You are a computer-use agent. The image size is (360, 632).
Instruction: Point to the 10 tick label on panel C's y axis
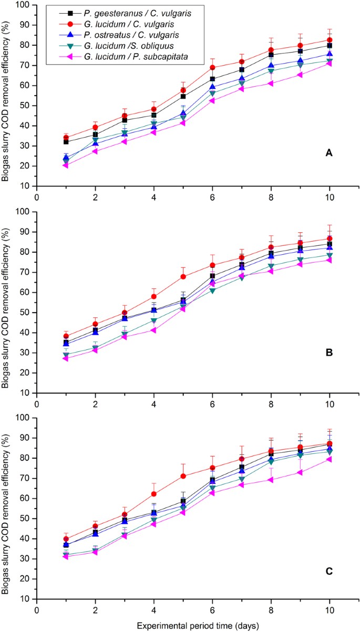click(x=24, y=599)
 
